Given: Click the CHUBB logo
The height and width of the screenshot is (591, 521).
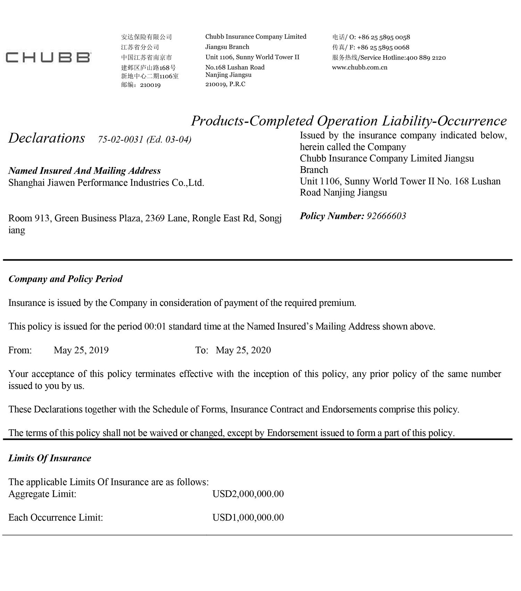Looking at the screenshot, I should pos(48,57).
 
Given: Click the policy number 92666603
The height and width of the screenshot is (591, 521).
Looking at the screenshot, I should pos(386,216).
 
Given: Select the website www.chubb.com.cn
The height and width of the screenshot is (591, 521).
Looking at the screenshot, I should pos(359,67).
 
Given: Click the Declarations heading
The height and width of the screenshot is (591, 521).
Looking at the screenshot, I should pos(47,138).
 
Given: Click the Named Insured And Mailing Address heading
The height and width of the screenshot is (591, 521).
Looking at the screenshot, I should pos(84,171).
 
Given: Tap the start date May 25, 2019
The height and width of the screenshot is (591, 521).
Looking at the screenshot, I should pos(81,350).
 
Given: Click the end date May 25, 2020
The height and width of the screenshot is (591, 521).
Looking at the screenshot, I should pos(243,350).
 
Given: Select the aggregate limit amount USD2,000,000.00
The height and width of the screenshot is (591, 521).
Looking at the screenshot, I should pos(248,494).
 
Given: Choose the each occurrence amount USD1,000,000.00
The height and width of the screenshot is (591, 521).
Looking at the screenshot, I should pos(248,518).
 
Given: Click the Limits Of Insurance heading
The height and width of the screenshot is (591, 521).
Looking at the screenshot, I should pos(50,458).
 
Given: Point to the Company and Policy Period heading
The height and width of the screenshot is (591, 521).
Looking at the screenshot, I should pos(65,279).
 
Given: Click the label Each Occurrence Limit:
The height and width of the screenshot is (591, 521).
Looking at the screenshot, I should pos(56,518).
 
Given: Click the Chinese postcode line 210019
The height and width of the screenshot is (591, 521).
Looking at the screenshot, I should pos(141,85).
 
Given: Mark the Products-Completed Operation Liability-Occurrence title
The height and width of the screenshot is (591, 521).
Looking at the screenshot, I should pos(349,121).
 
